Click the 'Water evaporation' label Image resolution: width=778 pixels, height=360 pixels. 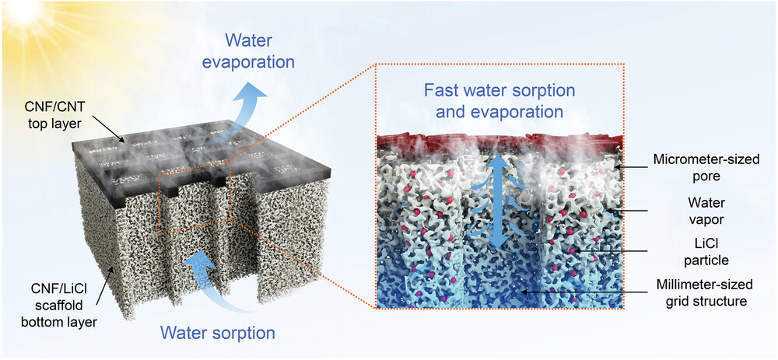258,52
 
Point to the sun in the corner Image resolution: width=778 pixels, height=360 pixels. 23,12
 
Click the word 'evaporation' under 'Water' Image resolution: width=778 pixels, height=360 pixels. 258,62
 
